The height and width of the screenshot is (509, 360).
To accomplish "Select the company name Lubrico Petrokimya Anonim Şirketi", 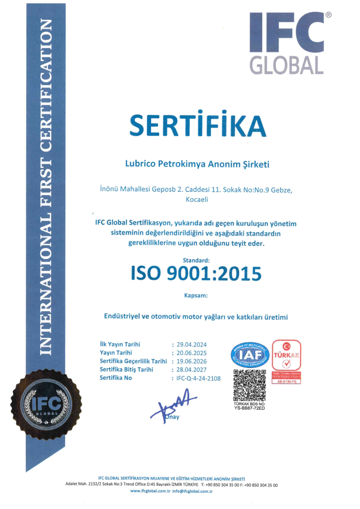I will click(197, 164).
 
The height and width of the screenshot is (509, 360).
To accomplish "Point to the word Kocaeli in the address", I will click(197, 199).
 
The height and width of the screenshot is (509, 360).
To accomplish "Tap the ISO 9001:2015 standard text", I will click(196, 274).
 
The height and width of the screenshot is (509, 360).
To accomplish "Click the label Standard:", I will click(196, 260).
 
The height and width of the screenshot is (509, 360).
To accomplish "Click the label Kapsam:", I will click(196, 296).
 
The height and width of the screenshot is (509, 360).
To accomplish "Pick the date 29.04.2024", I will click(192, 345).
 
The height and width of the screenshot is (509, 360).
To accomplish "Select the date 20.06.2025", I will click(192, 353).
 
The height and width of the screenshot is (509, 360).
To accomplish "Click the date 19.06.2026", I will click(192, 361).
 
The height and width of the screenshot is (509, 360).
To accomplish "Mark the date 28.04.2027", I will click(192, 370).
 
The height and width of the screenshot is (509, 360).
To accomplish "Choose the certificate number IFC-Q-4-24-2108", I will click(198, 378).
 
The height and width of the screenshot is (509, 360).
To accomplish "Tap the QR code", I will click(250, 385).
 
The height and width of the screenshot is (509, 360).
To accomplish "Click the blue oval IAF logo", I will click(250, 355).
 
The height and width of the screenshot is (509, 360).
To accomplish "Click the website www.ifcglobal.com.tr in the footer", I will click(150, 491).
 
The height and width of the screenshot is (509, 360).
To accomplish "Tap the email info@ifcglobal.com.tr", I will click(192, 491).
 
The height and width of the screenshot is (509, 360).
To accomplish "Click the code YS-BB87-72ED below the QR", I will click(250, 408).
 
